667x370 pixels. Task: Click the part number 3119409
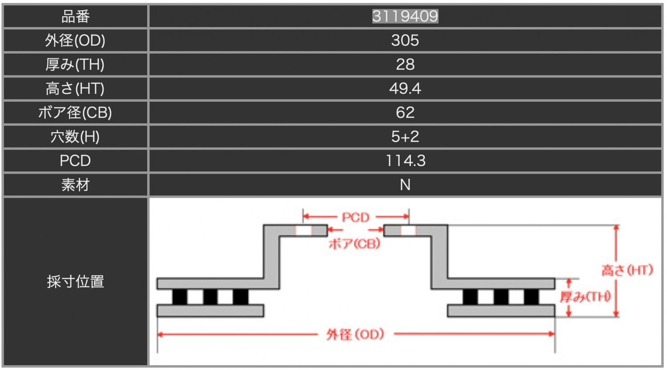[405, 16]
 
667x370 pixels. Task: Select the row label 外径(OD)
[75, 40]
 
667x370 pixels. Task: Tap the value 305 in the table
[405, 40]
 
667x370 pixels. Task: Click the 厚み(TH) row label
[75, 64]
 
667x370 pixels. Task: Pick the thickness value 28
[405, 64]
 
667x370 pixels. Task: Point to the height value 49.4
[405, 88]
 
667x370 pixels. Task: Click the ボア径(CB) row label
[75, 112]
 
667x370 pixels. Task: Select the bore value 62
[405, 112]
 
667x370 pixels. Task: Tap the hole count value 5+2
[405, 136]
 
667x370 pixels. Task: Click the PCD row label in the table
[75, 160]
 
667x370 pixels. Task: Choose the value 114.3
[405, 160]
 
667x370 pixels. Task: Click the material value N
[405, 184]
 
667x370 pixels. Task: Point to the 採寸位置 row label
[75, 282]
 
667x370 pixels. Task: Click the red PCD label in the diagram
[355, 218]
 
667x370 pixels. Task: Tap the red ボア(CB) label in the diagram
[354, 243]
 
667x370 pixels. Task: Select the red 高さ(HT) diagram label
[627, 270]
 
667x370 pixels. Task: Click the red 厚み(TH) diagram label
[585, 297]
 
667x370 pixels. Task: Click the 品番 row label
[75, 16]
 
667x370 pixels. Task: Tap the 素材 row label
[75, 184]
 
